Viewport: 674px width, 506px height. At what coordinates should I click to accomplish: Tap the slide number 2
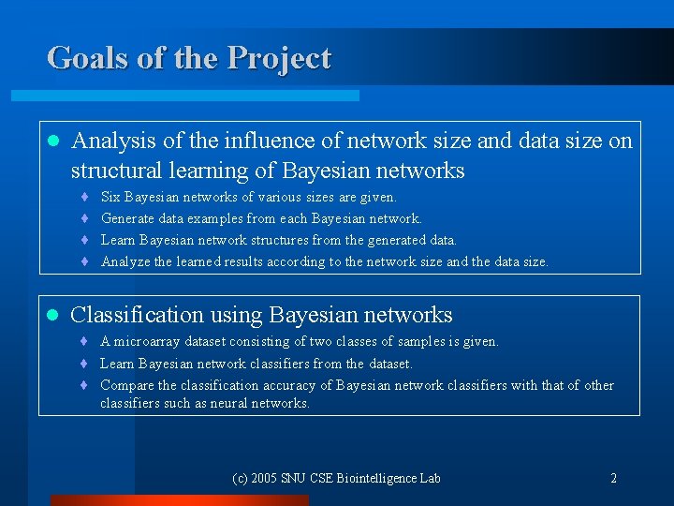613,479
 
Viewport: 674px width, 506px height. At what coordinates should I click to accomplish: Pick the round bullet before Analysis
52,141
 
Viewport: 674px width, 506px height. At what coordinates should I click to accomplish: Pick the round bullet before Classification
52,316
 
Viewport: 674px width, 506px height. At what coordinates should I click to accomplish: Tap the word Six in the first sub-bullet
110,198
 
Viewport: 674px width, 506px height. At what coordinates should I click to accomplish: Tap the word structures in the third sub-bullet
284,241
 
